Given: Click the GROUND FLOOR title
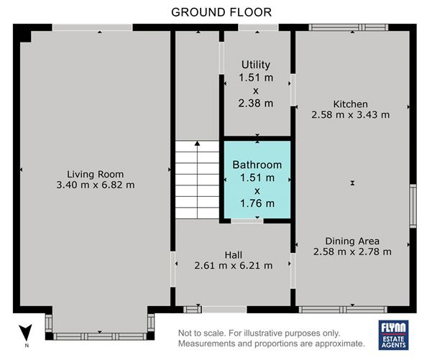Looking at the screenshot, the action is click(x=221, y=12).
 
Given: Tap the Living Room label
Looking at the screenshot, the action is click(x=96, y=174).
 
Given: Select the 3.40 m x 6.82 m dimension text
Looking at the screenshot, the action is click(x=96, y=185).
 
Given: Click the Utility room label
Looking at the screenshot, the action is click(x=256, y=65).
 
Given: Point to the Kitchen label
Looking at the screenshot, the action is click(x=351, y=104).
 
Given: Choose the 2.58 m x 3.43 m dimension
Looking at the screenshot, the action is click(x=351, y=114).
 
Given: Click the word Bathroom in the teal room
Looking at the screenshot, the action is click(x=257, y=165).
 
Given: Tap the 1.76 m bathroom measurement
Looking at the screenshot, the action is click(x=257, y=203).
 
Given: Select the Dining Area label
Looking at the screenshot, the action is click(x=352, y=241).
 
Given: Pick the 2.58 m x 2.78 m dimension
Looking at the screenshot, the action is click(x=352, y=251).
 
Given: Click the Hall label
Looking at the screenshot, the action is click(x=234, y=255).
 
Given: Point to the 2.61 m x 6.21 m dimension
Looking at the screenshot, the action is click(x=234, y=266).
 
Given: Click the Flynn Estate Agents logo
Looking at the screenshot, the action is click(x=393, y=335).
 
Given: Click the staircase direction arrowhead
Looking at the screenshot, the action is click(x=197, y=143).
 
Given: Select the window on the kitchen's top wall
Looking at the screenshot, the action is click(x=349, y=27).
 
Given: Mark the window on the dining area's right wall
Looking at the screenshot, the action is click(x=413, y=206).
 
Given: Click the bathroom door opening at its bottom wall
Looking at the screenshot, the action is click(x=247, y=221).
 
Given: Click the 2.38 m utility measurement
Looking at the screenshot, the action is click(x=256, y=103).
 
